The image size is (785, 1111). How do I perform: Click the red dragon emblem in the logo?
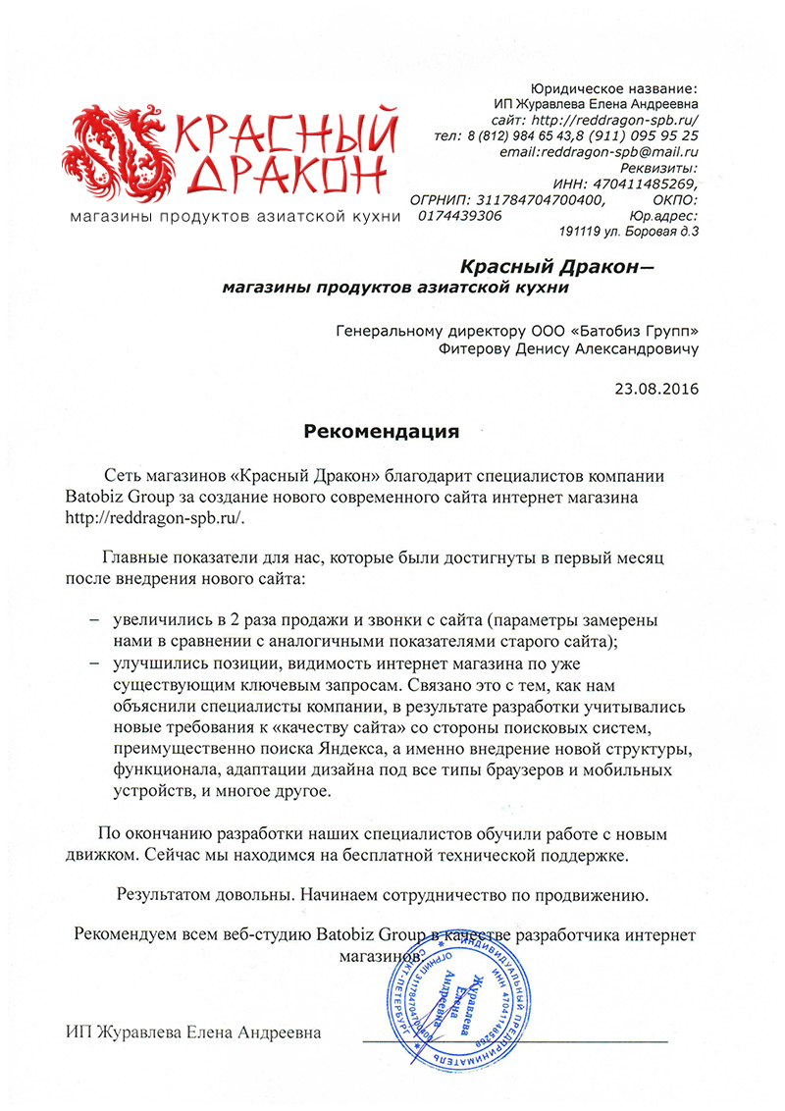click(x=109, y=152)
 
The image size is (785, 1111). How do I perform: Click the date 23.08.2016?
click(x=656, y=390)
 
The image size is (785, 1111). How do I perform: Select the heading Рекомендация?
click(x=381, y=431)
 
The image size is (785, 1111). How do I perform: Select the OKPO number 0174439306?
click(x=460, y=215)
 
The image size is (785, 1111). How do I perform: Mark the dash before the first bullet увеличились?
click(x=94, y=622)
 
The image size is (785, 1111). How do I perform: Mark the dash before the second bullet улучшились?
click(x=94, y=663)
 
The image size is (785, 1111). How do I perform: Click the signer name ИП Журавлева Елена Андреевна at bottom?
click(x=193, y=1032)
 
